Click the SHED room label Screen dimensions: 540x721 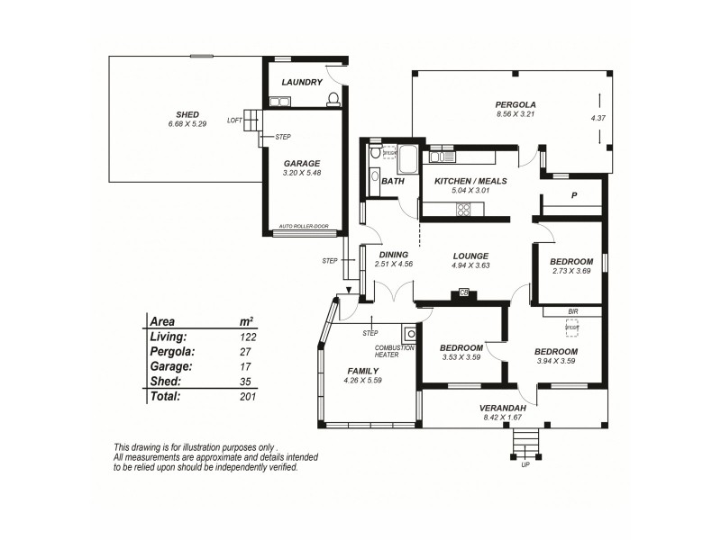pos(187,114)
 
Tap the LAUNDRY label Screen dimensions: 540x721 pos(302,83)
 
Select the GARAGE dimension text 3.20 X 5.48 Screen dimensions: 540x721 pos(302,172)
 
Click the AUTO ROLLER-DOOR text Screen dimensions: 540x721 pos(302,227)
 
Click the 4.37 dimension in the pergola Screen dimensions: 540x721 pos(598,118)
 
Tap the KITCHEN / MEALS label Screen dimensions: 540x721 pos(471,181)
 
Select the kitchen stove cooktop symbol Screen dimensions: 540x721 pos(464,210)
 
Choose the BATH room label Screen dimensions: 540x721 pos(393,181)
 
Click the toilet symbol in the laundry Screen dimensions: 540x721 pos(333,98)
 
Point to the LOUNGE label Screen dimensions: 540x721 pos(470,255)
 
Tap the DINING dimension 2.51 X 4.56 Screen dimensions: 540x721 pos(394,264)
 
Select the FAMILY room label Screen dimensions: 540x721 pos(363,371)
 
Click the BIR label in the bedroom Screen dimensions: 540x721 pos(572,311)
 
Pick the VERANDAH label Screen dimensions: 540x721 pos(501,408)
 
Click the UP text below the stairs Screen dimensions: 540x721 pos(525,465)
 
